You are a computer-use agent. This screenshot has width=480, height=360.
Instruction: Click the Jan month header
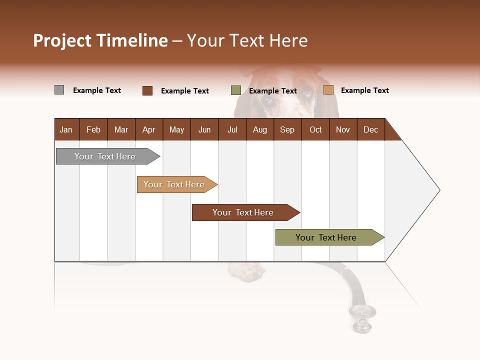pos(66,129)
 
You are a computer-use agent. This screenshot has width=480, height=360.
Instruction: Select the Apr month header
pos(149,129)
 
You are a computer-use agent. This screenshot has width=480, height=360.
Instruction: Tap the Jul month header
pos(232,129)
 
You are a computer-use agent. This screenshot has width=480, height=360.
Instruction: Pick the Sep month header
pos(287,129)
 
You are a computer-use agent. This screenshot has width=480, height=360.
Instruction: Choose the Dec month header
pos(370,129)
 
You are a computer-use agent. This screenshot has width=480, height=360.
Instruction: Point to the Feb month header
pos(93,129)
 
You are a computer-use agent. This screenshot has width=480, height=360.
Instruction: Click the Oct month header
pos(315,129)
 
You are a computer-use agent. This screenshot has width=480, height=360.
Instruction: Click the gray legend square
pos(59,90)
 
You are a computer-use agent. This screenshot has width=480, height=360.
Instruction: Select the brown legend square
pos(147,90)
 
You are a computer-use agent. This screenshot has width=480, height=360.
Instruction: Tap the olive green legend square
pos(236,90)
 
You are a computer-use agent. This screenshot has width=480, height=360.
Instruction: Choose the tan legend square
pos(328,90)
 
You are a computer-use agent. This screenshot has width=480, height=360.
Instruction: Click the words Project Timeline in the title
pos(100,40)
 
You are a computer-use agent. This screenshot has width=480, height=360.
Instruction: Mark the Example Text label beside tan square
pos(364,90)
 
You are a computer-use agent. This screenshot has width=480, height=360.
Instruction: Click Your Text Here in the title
pos(247,40)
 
